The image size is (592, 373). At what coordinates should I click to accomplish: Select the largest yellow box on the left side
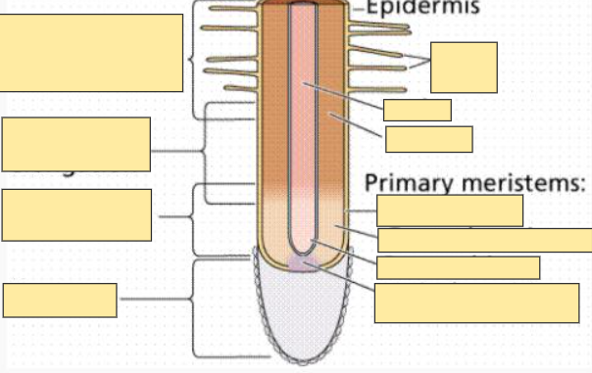tap(91, 53)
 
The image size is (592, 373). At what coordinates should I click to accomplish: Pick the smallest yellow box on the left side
tap(60, 300)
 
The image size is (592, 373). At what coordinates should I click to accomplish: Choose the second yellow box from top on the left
tap(76, 144)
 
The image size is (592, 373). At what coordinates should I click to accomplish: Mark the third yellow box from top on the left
tap(76, 214)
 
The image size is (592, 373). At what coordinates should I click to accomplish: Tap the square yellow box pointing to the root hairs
tap(464, 67)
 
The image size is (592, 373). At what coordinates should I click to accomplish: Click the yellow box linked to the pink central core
tap(417, 110)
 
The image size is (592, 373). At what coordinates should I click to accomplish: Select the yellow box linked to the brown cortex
tap(428, 139)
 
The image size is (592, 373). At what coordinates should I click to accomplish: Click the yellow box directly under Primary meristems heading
tap(449, 210)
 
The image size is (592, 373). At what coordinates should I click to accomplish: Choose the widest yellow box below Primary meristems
tap(484, 240)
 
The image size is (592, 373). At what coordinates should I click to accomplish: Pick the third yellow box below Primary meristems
tap(458, 267)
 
